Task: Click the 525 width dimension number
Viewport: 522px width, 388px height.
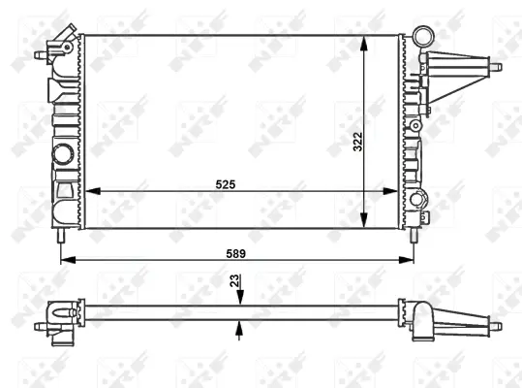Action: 226,182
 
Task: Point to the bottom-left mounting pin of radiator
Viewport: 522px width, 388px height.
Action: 62,236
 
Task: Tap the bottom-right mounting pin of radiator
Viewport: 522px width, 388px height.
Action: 415,236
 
